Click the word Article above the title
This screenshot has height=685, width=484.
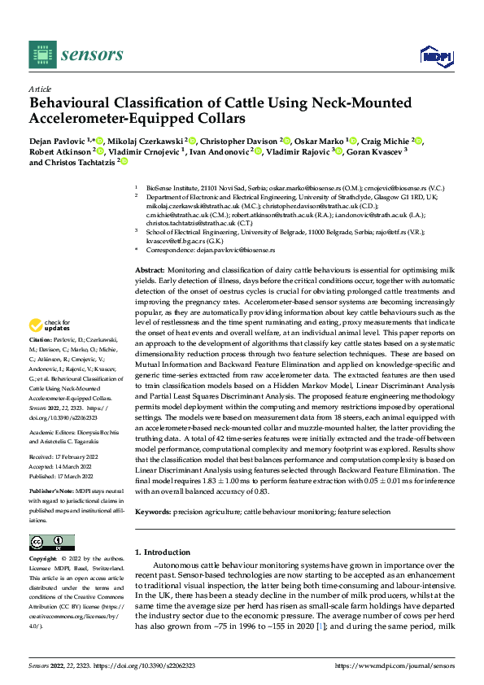40,89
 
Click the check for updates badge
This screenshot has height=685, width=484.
51,326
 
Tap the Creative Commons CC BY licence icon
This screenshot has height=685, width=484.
51,543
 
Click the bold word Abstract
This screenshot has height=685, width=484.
150,268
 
